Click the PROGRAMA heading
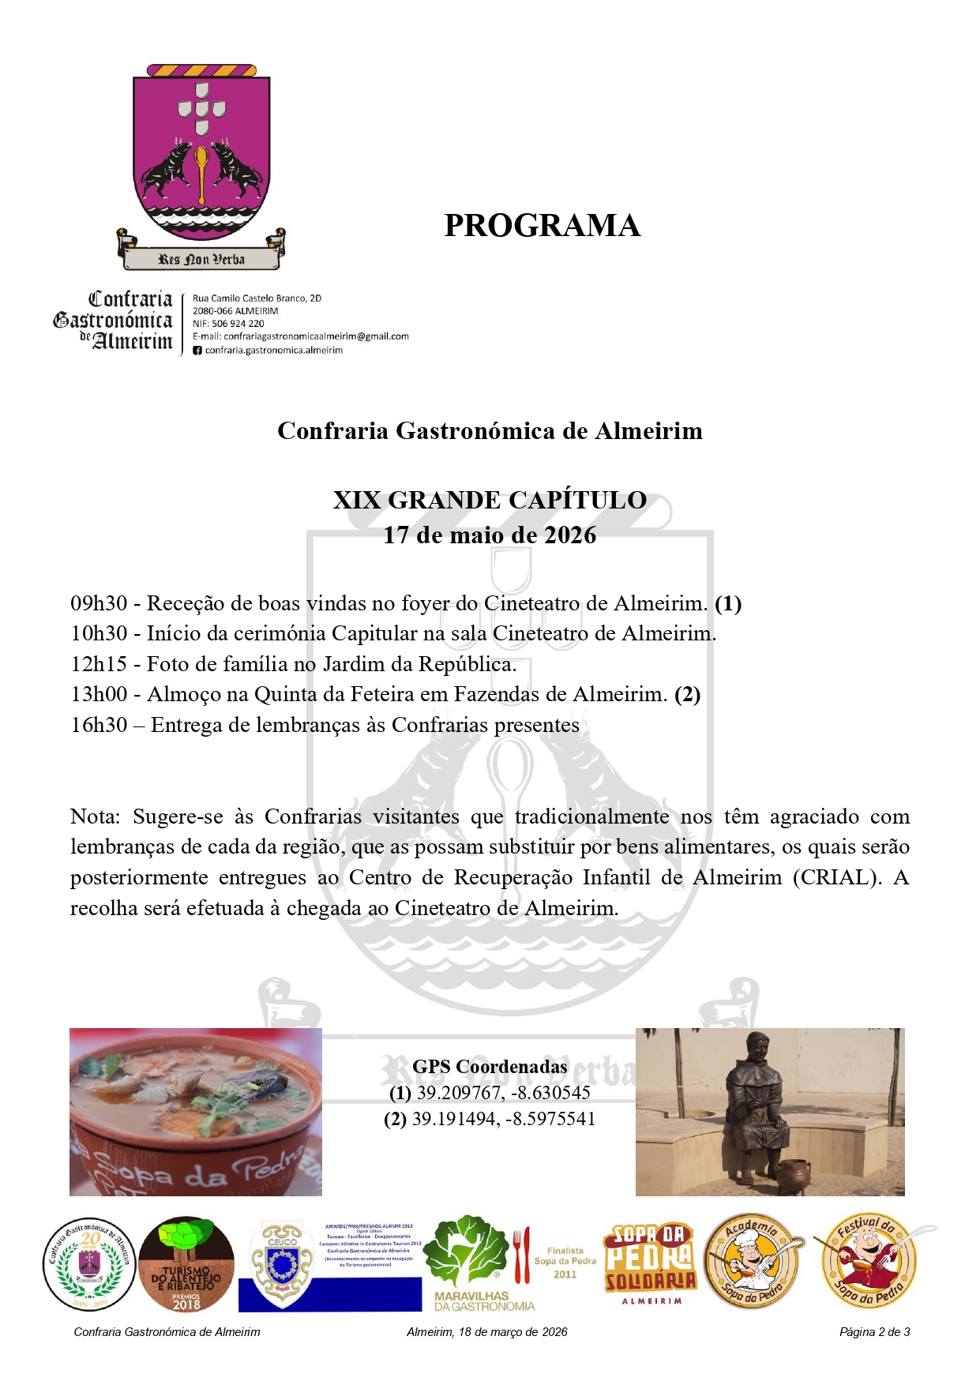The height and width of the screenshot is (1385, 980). [x=542, y=226]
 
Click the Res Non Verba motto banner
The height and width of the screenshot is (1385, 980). [x=201, y=259]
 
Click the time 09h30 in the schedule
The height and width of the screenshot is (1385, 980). [x=99, y=604]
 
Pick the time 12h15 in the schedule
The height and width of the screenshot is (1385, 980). [x=99, y=665]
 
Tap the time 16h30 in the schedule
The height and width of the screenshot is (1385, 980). [x=99, y=725]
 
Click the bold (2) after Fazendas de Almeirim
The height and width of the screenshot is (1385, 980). [x=687, y=695]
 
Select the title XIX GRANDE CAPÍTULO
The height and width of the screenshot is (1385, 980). [x=490, y=501]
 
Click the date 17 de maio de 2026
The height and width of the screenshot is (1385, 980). [x=490, y=535]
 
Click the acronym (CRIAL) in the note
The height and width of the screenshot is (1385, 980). [x=837, y=877]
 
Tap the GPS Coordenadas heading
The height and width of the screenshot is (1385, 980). [x=490, y=1067]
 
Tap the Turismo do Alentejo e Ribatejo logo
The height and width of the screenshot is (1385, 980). [x=186, y=1264]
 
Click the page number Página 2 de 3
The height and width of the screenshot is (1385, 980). [x=874, y=1332]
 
